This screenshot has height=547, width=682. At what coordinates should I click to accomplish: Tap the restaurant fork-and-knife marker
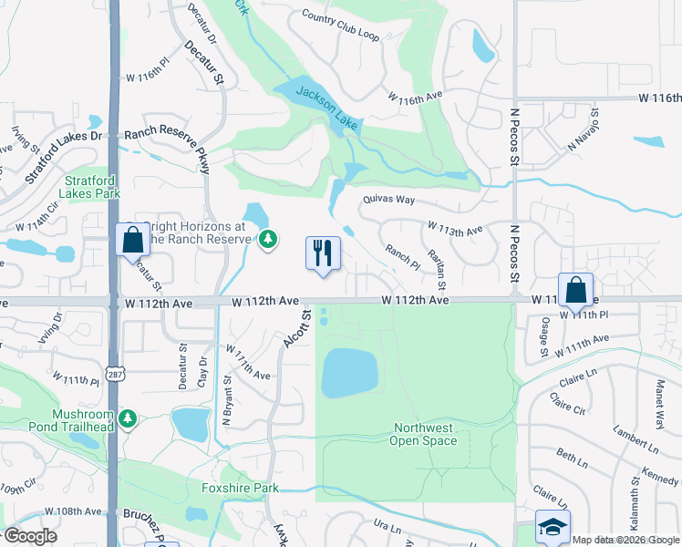point(322,253)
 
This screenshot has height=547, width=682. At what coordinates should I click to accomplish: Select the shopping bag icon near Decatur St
point(132,240)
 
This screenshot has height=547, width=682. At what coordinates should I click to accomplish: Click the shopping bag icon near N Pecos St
point(575,290)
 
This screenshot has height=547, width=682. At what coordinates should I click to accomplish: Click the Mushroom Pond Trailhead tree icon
point(129,418)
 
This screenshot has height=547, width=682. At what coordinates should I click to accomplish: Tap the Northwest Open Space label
point(424,435)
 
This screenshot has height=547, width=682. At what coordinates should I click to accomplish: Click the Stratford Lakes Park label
point(89,187)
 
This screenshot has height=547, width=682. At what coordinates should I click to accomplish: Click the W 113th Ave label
point(455,227)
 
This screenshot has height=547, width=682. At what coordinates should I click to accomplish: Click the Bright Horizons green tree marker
point(267,240)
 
